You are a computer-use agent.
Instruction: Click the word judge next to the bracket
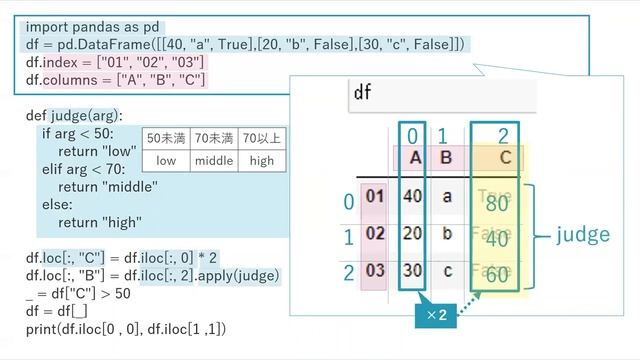(583, 235)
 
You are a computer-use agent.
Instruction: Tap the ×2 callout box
(437, 316)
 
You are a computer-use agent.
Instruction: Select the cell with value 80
(497, 204)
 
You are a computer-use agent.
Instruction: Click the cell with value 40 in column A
(412, 196)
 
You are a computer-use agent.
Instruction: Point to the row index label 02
(375, 234)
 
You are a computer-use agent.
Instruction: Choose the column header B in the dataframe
(446, 157)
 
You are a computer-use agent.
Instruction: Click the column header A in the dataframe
(413, 157)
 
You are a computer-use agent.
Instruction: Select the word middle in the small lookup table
(214, 160)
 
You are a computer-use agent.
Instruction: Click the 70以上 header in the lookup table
(262, 137)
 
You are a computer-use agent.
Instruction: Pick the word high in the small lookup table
(262, 160)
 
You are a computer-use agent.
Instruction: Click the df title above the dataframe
(363, 94)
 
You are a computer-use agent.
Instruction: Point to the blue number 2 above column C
(502, 135)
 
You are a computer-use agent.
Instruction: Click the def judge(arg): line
(74, 116)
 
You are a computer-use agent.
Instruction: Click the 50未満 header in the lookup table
(166, 137)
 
